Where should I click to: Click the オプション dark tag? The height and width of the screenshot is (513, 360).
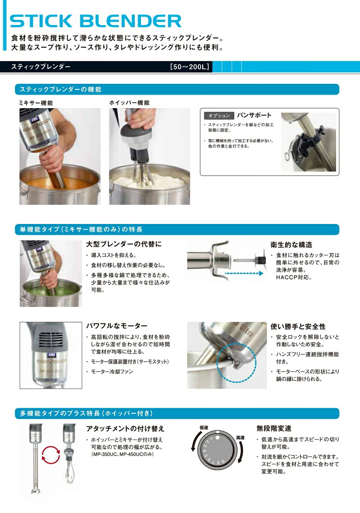point(219,115)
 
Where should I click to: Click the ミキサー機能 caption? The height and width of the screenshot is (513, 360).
point(36,103)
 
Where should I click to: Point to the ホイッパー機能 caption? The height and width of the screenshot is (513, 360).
point(129,103)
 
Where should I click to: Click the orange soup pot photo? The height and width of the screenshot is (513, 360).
point(60,156)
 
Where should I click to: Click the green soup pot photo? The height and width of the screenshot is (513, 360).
point(50,274)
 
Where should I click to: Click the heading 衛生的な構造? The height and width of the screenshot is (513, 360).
point(291,245)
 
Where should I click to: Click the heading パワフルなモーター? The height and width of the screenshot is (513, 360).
point(117,326)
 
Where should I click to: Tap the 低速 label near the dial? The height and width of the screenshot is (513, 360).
point(203,427)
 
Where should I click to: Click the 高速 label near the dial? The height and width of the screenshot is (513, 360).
point(240,437)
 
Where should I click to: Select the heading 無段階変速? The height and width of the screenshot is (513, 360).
point(274,428)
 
